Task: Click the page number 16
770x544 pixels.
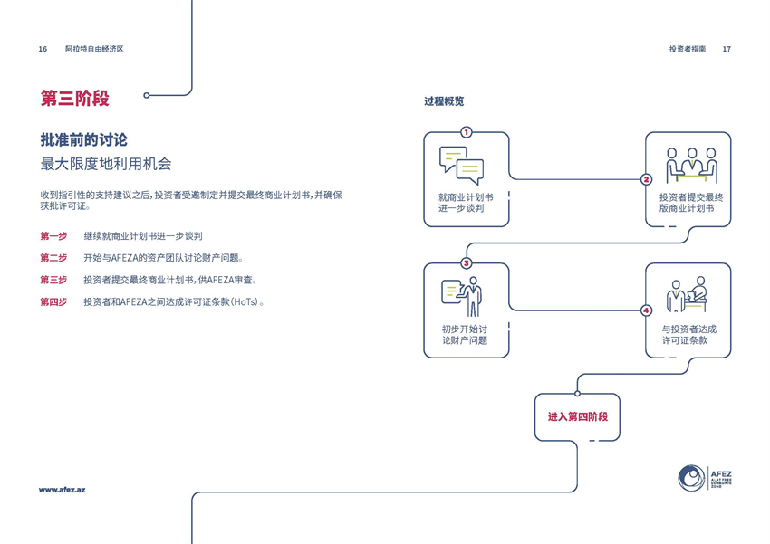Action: pos(43,49)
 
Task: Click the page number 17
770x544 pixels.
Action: pos(727,49)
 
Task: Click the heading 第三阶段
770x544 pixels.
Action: pos(81,98)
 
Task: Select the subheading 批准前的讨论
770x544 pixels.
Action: pos(84,139)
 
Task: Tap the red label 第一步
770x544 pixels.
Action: pos(53,236)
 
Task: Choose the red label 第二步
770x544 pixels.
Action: pos(53,258)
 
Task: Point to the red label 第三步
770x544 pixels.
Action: pos(53,280)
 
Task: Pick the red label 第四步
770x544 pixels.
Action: pos(53,301)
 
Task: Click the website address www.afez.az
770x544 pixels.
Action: pos(62,490)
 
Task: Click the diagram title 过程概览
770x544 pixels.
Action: pos(444,101)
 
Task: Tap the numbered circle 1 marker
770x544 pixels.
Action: pos(467,132)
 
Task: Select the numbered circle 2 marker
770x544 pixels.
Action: pos(646,179)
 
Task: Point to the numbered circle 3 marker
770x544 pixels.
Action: pos(467,263)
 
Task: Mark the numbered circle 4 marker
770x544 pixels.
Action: pos(646,310)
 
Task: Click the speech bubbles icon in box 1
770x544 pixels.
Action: pos(461,165)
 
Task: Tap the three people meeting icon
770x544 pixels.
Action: pos(691,165)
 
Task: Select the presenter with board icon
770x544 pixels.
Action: pos(463,297)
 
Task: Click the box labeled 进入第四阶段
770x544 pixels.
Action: pos(577,417)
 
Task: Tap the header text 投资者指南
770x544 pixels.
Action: pos(688,49)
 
